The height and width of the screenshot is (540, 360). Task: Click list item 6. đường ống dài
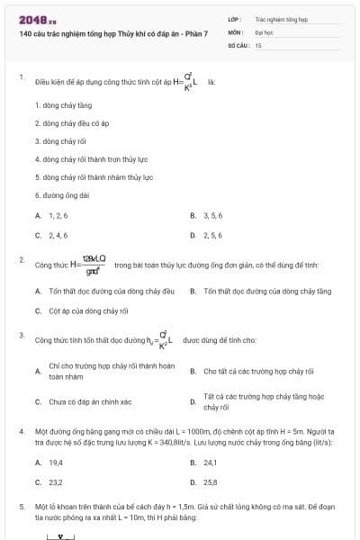[62, 194]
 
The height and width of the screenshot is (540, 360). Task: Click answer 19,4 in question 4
[56, 463]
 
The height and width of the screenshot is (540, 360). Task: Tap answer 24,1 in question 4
[211, 463]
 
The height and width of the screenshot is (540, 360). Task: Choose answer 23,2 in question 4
[56, 482]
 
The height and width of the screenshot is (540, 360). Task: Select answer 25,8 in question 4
[211, 482]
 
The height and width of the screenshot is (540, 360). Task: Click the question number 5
[22, 507]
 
